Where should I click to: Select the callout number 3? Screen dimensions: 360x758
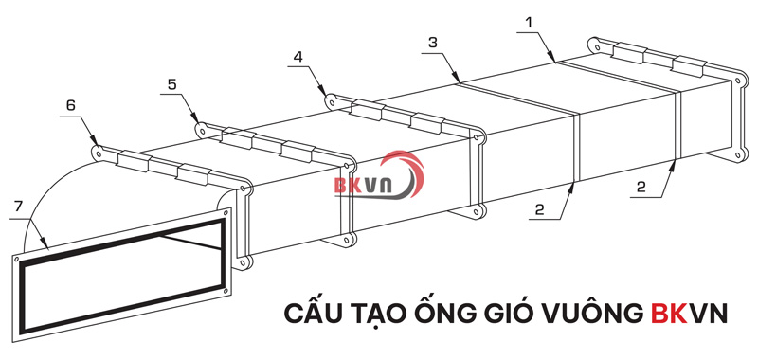[432, 42]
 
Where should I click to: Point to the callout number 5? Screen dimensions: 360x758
[171, 83]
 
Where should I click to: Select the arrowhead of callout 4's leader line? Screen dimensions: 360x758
[330, 96]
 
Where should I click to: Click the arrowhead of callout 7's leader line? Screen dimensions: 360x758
[44, 249]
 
